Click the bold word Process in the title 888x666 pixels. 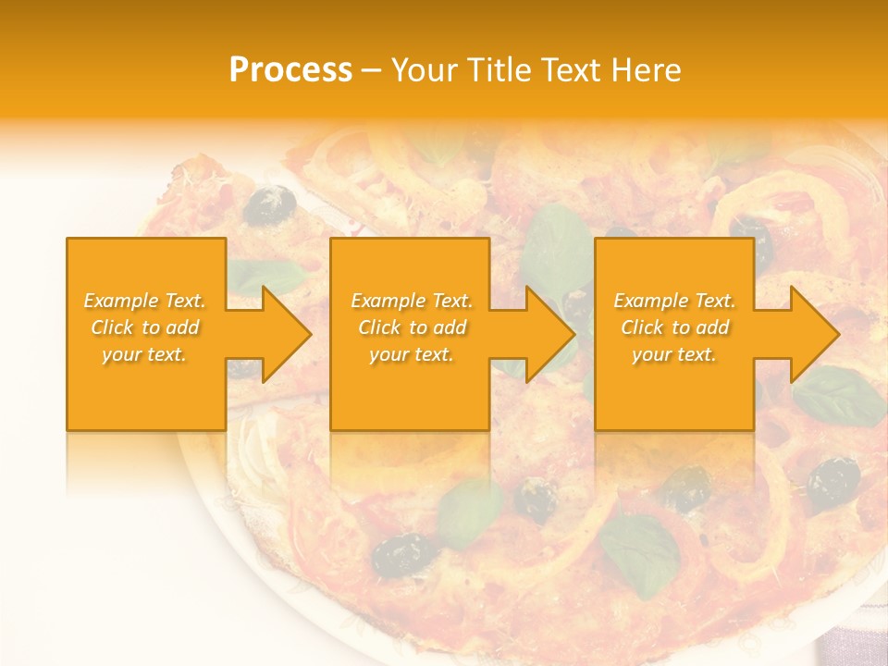pos(290,69)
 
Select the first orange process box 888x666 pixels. pos(146,398)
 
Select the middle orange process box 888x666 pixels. pos(410,398)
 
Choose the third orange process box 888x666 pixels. pos(673,398)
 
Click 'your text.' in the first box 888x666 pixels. pos(144,353)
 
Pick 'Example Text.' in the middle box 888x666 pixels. pos(412,301)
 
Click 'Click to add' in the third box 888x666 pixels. pos(675,327)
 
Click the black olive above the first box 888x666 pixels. pos(273,200)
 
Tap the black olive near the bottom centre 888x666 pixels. pos(405,552)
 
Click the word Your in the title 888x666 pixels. pos(425,69)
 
